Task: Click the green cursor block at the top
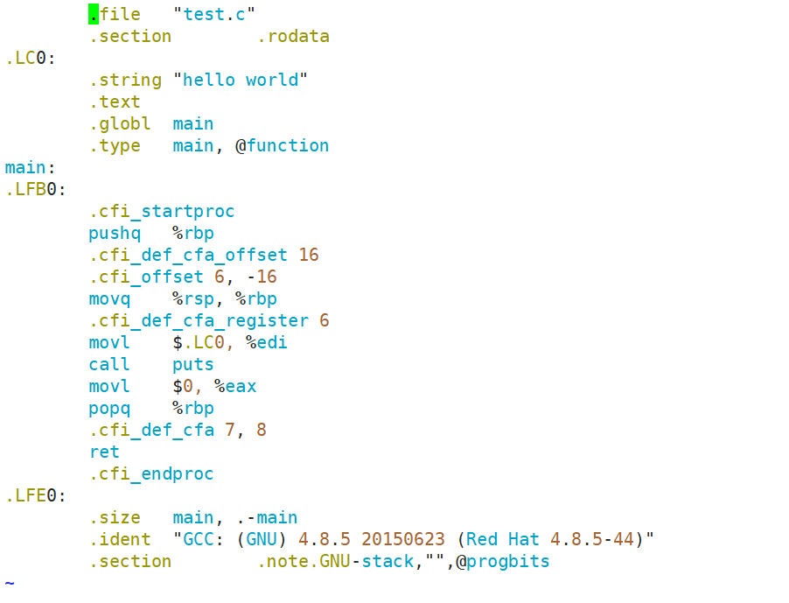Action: tap(94, 14)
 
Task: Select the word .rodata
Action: tap(293, 36)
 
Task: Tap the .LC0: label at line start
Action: tap(31, 58)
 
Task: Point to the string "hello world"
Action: tap(241, 80)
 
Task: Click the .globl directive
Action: tap(120, 123)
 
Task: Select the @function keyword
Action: tap(283, 145)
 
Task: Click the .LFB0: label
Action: tap(36, 189)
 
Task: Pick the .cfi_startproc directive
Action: tap(162, 211)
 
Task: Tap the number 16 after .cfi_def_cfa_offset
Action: tap(309, 255)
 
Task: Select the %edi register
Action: tap(267, 342)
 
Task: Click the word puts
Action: tap(193, 364)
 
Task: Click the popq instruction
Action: tap(109, 408)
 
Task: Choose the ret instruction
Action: tap(104, 452)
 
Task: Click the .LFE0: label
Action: tap(36, 495)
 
